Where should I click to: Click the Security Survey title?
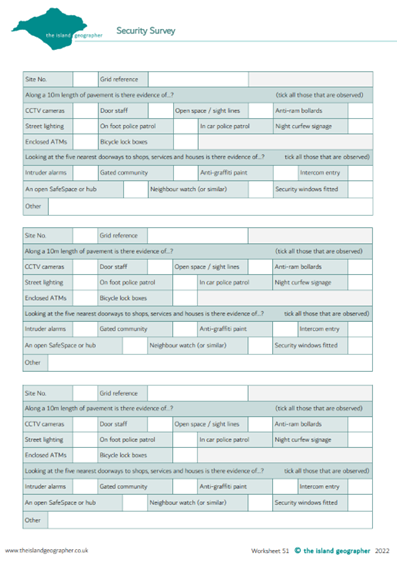(x=146, y=32)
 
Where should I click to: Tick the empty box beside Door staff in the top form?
(x=160, y=110)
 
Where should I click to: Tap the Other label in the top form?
(x=33, y=206)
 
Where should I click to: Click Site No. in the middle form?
(x=36, y=235)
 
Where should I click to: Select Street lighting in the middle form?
(x=45, y=282)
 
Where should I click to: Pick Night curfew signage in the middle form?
(x=302, y=282)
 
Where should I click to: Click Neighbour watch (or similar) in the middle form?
(x=195, y=345)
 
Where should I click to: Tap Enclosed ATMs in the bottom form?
(x=45, y=455)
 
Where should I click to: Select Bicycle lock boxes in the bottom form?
(x=123, y=455)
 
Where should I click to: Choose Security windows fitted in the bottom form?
(x=306, y=502)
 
